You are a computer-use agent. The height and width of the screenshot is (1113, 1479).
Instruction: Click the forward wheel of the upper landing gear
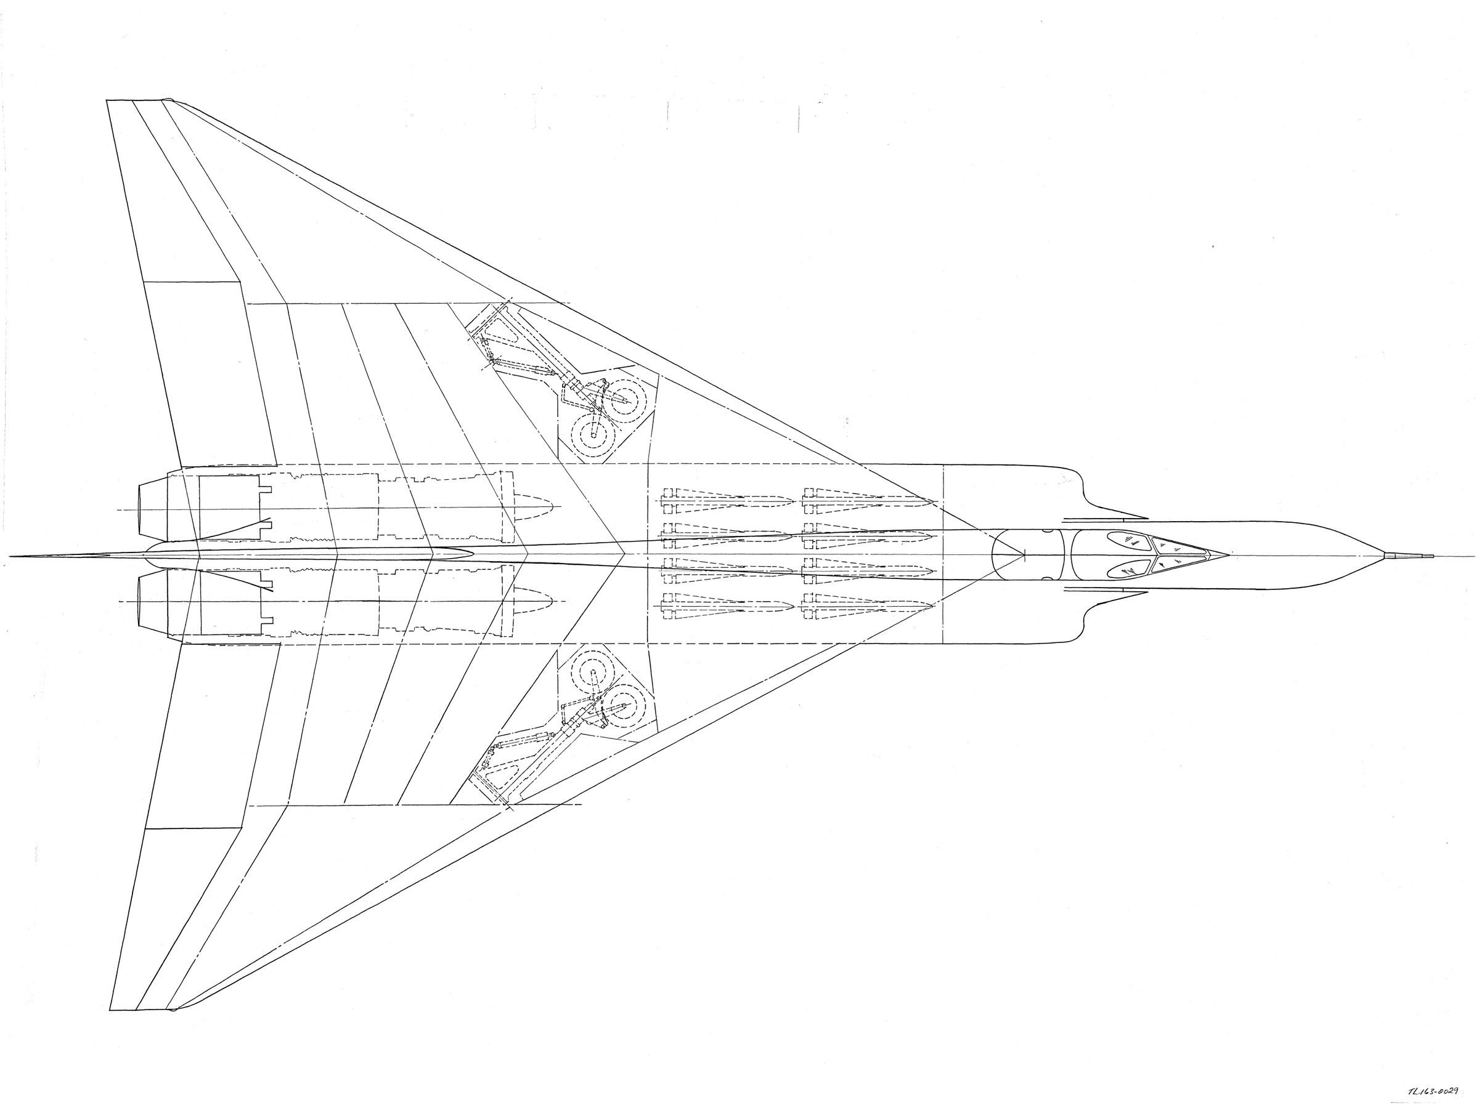coord(629,400)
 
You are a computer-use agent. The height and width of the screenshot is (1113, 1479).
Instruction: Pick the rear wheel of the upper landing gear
coord(592,436)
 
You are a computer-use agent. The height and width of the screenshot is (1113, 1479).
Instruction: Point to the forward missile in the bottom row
coord(869,606)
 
